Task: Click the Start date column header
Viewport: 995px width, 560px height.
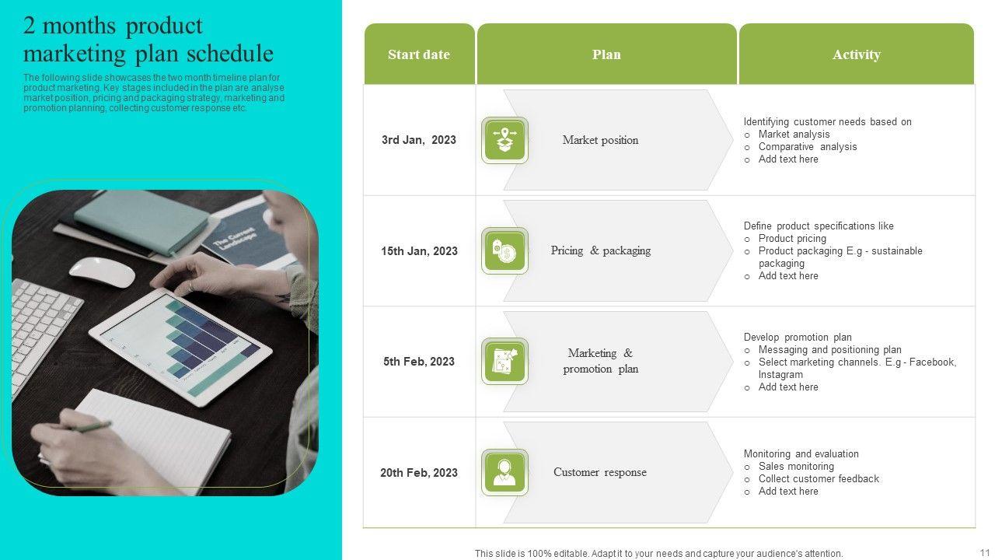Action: [x=419, y=54]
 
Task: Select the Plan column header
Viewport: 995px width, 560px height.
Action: [x=607, y=54]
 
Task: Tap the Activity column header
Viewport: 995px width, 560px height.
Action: [x=857, y=54]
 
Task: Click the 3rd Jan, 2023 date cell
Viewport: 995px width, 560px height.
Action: [x=419, y=140]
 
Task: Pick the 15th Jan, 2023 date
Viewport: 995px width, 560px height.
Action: [x=419, y=251]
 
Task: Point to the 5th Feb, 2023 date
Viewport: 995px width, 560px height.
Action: [x=419, y=362]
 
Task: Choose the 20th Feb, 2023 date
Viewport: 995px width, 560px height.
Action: [x=419, y=472]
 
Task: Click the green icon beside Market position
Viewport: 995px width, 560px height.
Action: [x=504, y=141]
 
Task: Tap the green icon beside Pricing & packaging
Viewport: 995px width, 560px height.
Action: [x=504, y=251]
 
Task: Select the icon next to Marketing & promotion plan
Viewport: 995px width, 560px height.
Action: [x=504, y=362]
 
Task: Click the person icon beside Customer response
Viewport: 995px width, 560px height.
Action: [x=504, y=472]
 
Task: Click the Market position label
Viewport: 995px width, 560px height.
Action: [x=601, y=140]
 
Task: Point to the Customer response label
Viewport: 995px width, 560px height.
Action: [x=600, y=472]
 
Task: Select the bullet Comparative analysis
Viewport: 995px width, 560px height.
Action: [x=808, y=147]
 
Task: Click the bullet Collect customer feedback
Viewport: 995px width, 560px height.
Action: [x=819, y=478]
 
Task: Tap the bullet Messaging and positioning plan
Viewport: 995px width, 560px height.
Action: [x=829, y=350]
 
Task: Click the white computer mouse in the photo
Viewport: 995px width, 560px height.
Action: [x=102, y=271]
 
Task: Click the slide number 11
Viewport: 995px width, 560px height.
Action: [x=984, y=552]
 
